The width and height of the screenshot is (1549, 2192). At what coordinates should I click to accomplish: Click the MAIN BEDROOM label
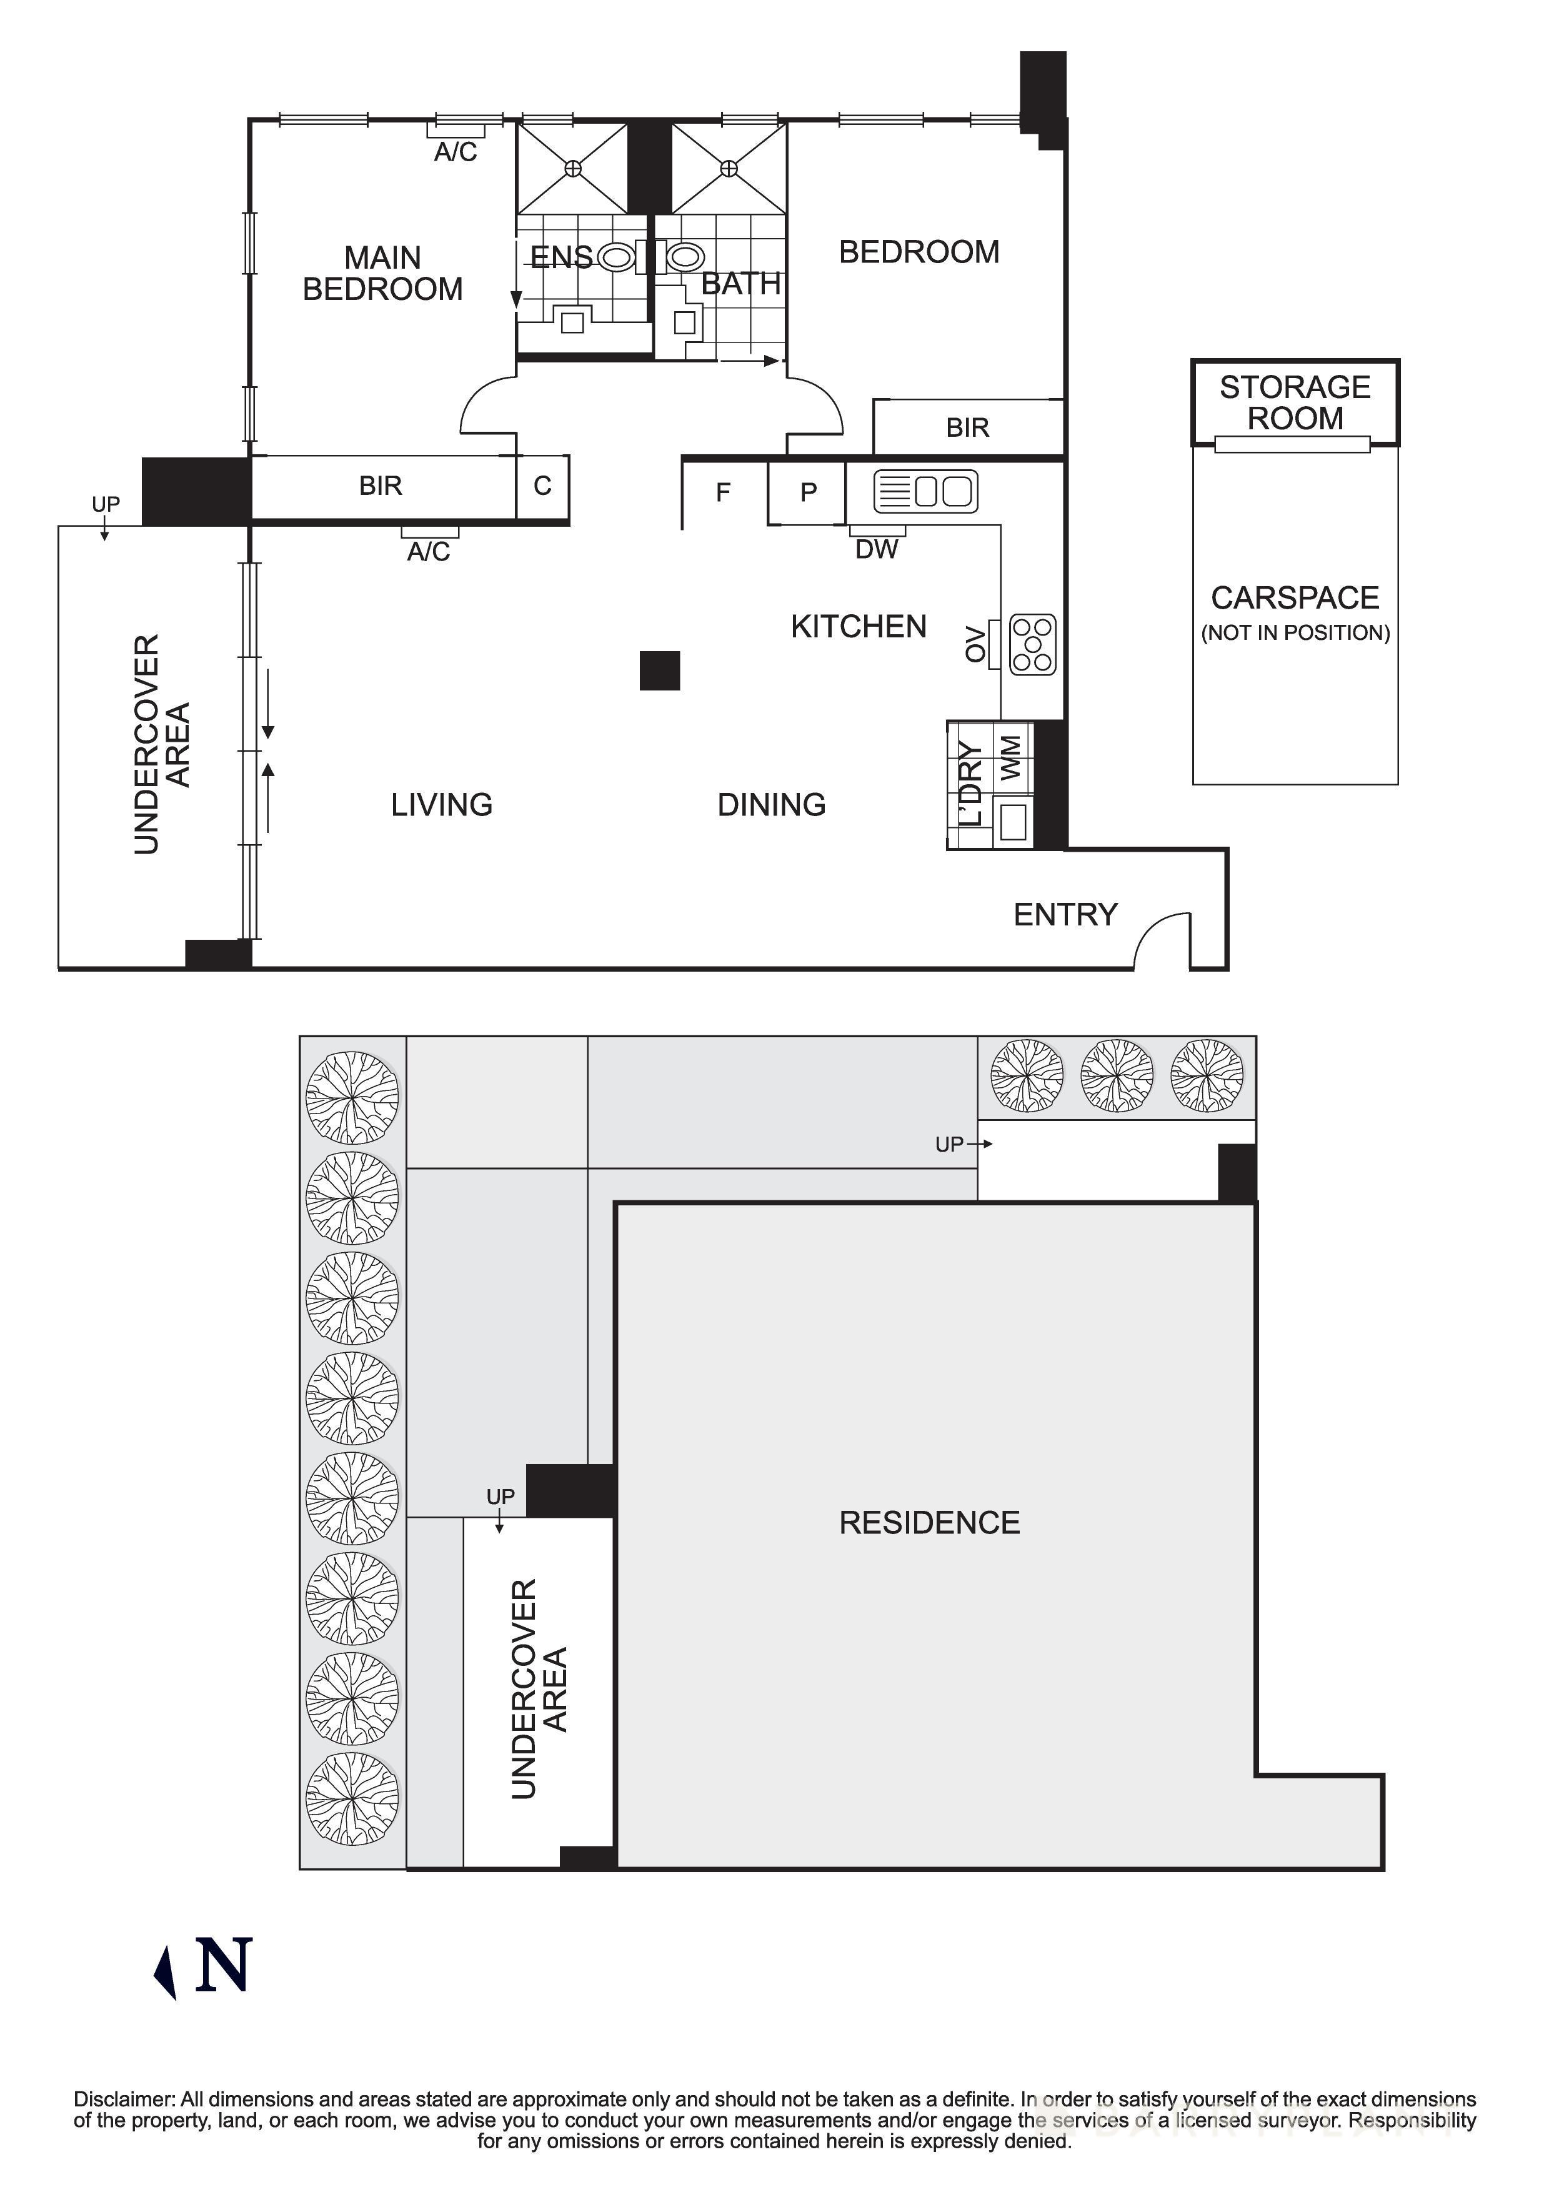tap(382, 273)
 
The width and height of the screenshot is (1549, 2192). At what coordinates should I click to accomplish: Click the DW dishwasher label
tap(875, 549)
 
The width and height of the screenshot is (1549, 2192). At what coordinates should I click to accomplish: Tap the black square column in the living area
tap(659, 670)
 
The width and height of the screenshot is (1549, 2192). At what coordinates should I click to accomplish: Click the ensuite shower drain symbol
tap(572, 168)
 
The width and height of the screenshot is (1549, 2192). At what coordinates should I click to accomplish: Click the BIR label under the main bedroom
tap(380, 486)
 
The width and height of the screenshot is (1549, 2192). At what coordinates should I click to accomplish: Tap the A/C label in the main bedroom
tap(456, 152)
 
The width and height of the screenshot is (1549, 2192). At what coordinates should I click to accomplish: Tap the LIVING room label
tap(441, 805)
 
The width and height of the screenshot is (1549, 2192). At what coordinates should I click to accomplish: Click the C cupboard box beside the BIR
tap(542, 486)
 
